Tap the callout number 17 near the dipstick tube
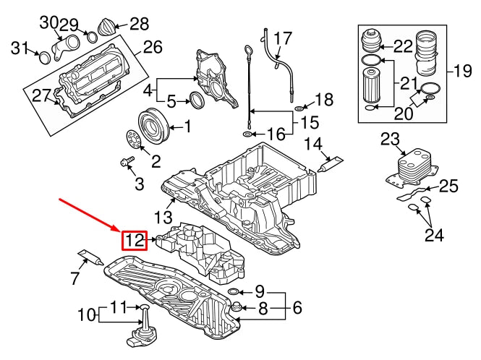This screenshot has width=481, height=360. point(283,38)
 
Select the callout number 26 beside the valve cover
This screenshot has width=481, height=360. point(153,48)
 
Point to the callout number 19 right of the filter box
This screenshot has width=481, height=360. point(461,71)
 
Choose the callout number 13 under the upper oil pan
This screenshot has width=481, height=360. point(163,216)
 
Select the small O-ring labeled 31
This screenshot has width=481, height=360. point(43,57)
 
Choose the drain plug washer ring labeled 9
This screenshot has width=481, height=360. point(234,291)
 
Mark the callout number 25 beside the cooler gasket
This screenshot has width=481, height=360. point(449,187)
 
